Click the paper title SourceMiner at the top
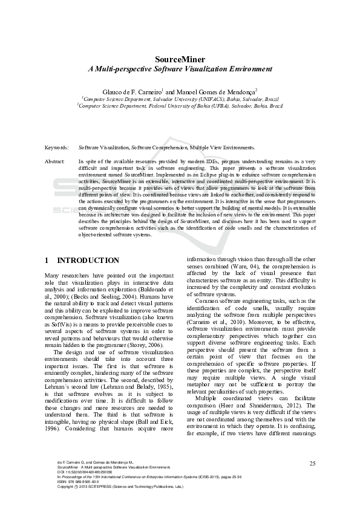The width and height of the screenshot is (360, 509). point(180,59)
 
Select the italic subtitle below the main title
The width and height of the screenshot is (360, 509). point(180,69)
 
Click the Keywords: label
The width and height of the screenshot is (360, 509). point(57,147)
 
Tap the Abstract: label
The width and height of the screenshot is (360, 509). point(55,161)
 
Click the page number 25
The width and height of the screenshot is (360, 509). point(312,463)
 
